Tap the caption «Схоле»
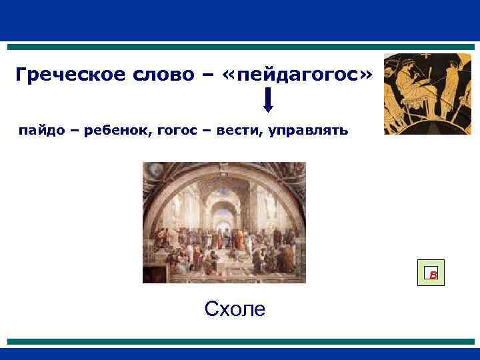(235, 309)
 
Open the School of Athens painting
(224, 223)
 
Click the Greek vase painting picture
(427, 94)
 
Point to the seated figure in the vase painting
(409, 90)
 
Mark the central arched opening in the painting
(222, 213)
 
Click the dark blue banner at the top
(240, 20)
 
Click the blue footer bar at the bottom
(240, 353)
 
